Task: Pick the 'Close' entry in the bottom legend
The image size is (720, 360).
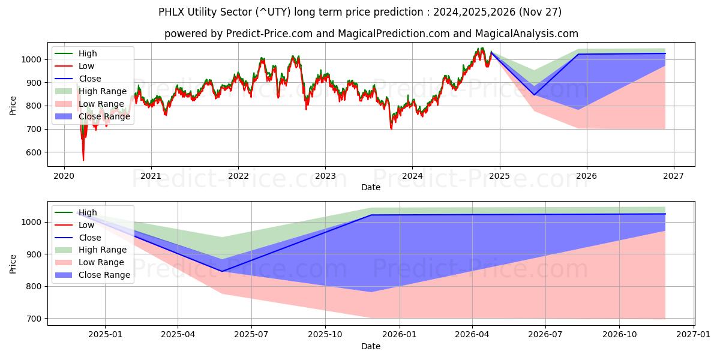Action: [x=90, y=238]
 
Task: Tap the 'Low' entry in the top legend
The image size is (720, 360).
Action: [x=86, y=66]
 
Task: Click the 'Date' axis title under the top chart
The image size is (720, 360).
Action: [x=371, y=187]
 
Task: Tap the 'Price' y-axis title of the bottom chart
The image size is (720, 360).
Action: [x=13, y=263]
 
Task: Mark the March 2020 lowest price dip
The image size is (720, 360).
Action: [x=83, y=160]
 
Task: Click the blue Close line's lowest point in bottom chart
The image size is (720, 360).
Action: [x=221, y=271]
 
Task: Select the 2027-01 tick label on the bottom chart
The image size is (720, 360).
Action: [x=694, y=334]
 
